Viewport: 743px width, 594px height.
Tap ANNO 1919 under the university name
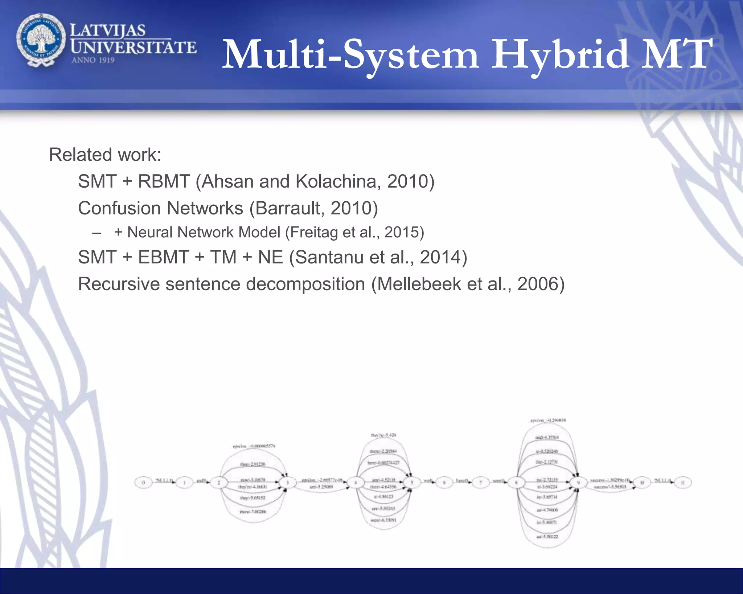click(x=93, y=60)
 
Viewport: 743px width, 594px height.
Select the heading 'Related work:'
click(x=105, y=155)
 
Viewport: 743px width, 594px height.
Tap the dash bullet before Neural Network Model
click(x=97, y=233)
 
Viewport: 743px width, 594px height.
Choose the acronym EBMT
click(x=163, y=257)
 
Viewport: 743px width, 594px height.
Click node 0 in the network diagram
click(x=143, y=483)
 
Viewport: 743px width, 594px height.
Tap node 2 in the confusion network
click(x=219, y=483)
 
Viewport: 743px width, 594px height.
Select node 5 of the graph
click(x=412, y=483)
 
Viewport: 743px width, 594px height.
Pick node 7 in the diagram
click(x=481, y=483)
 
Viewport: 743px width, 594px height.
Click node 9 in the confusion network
click(x=578, y=483)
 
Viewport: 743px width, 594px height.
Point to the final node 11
click(x=682, y=483)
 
